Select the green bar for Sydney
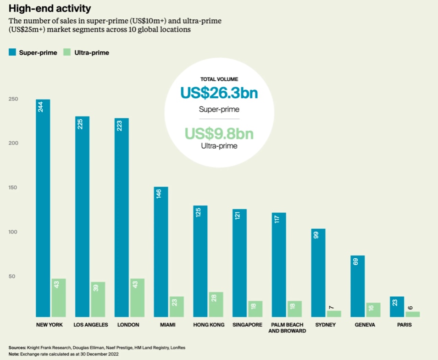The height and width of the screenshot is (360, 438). [334, 314]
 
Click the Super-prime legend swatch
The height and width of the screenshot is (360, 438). [12, 52]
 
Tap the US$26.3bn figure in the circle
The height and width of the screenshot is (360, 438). [219, 93]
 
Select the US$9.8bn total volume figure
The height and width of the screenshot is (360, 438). [219, 134]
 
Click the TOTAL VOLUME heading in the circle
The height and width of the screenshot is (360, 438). [219, 79]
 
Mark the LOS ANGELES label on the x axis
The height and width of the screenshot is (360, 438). [91, 325]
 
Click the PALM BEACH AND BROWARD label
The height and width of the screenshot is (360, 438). [287, 327]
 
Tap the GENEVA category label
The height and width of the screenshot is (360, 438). [365, 325]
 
